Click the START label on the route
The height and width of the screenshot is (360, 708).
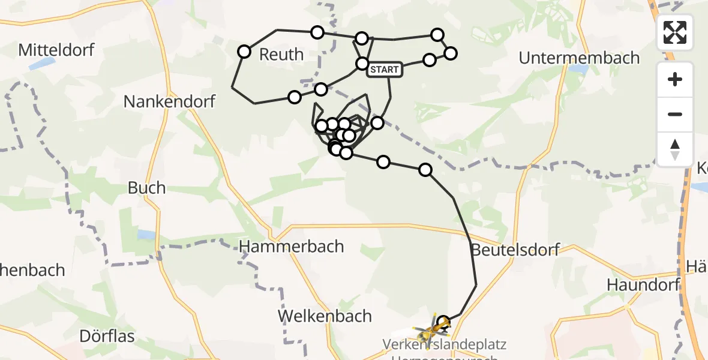pyautogui.click(x=384, y=70)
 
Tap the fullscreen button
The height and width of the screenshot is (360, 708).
pyautogui.click(x=675, y=32)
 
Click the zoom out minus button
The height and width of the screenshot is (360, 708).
pyautogui.click(x=675, y=114)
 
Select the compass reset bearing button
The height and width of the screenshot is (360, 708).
pyautogui.click(x=675, y=149)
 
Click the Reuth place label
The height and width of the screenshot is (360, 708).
pyautogui.click(x=281, y=55)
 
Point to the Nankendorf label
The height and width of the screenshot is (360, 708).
pyautogui.click(x=169, y=101)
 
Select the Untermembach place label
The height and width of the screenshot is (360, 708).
pyautogui.click(x=579, y=58)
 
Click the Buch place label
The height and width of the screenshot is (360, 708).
pyautogui.click(x=146, y=188)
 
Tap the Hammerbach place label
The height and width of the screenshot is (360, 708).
pyautogui.click(x=292, y=246)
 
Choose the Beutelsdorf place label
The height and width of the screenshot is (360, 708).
pyautogui.click(x=515, y=249)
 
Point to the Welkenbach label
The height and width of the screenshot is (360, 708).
pyautogui.click(x=325, y=316)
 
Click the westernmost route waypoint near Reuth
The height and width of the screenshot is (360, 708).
pyautogui.click(x=244, y=52)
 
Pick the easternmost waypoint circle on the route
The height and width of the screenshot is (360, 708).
pyautogui.click(x=450, y=53)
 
